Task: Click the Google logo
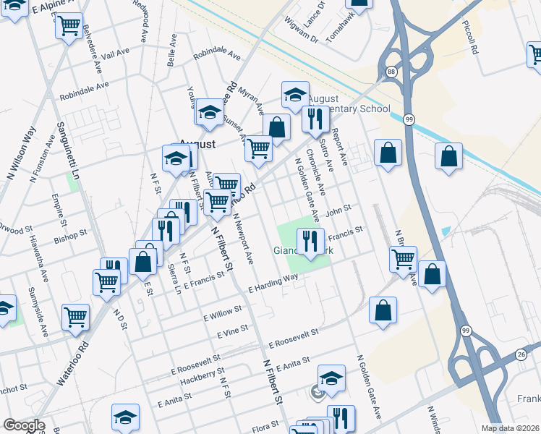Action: (x=24, y=425)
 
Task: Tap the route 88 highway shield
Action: (x=391, y=72)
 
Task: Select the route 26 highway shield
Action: (x=521, y=354)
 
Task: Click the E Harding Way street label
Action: (x=273, y=283)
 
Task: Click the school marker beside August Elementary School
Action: (x=295, y=95)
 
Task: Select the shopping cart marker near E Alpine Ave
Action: (x=69, y=27)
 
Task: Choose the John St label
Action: (x=337, y=210)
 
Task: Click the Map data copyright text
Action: (x=511, y=428)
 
